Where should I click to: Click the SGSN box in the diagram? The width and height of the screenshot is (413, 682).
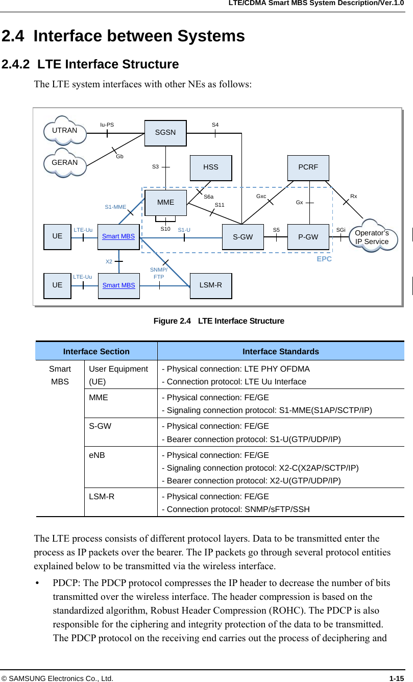[x=165, y=133]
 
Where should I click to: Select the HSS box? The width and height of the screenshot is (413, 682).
[x=210, y=167]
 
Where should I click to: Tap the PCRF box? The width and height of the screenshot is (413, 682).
[x=308, y=167]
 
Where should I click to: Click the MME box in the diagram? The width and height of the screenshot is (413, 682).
[x=165, y=203]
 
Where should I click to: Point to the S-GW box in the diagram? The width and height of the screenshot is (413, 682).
[x=243, y=237]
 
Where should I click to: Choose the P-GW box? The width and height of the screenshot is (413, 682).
[x=308, y=237]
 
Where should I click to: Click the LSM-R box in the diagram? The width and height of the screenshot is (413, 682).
[x=210, y=285]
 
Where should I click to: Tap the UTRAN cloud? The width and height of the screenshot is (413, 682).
[x=65, y=131]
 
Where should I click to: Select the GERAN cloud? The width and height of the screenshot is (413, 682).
[x=65, y=163]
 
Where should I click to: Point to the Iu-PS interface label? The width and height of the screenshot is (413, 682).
[x=107, y=125]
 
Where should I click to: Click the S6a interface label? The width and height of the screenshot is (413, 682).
[x=209, y=197]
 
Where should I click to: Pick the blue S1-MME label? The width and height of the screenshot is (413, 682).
[x=115, y=207]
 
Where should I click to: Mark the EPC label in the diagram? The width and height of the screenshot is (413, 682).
[x=324, y=259]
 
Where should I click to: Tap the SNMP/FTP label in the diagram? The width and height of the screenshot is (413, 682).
[x=159, y=273]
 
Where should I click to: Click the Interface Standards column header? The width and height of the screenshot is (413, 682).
[x=280, y=351]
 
